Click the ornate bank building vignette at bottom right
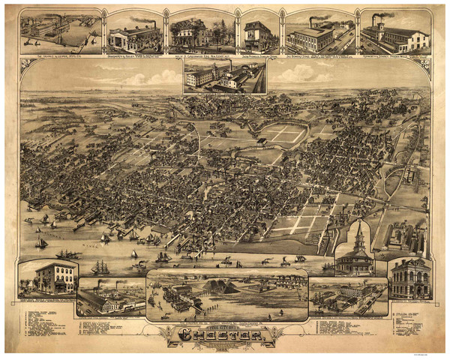click(408, 277)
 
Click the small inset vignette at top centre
click(225, 76)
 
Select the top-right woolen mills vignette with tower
click(394, 33)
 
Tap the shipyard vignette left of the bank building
click(348, 294)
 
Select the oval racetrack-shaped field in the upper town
click(283, 135)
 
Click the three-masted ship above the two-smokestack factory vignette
click(99, 267)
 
